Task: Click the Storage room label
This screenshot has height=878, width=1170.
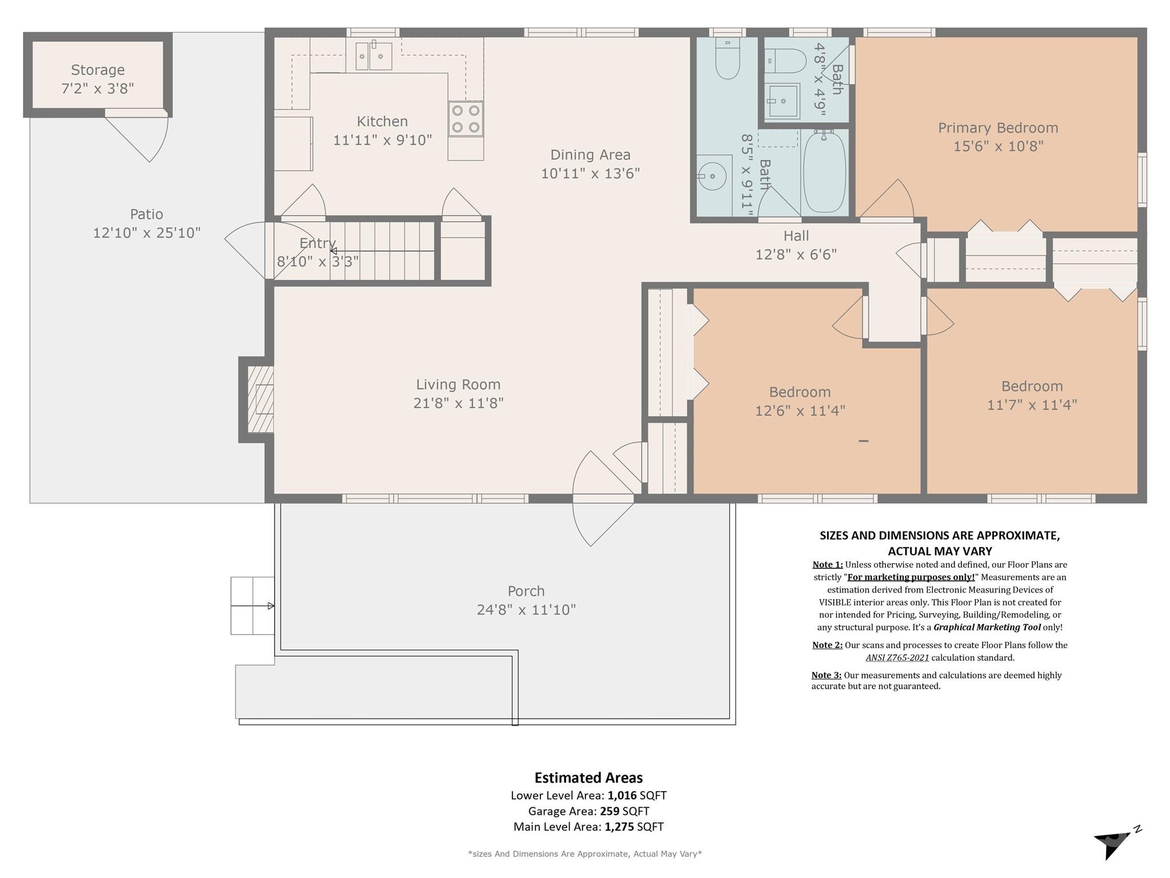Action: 98,70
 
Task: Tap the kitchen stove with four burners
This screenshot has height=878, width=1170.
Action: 466,119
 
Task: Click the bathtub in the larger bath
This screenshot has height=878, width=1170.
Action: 824,171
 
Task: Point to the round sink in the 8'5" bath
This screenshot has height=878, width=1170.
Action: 712,177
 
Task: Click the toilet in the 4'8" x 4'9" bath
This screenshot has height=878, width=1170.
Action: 787,61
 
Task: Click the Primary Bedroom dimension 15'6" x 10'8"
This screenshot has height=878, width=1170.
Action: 998,146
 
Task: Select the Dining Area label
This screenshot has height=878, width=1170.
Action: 590,155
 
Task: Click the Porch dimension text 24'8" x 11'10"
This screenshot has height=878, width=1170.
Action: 526,610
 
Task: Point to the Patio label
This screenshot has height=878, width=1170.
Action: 146,214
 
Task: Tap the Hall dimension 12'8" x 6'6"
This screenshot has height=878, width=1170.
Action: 796,254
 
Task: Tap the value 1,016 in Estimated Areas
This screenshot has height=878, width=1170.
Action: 622,795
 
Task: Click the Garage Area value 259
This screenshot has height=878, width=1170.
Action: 610,811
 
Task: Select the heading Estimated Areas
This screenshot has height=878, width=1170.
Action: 588,778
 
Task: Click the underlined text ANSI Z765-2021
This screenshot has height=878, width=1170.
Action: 897,657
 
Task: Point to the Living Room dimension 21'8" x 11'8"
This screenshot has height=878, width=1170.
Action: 458,404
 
